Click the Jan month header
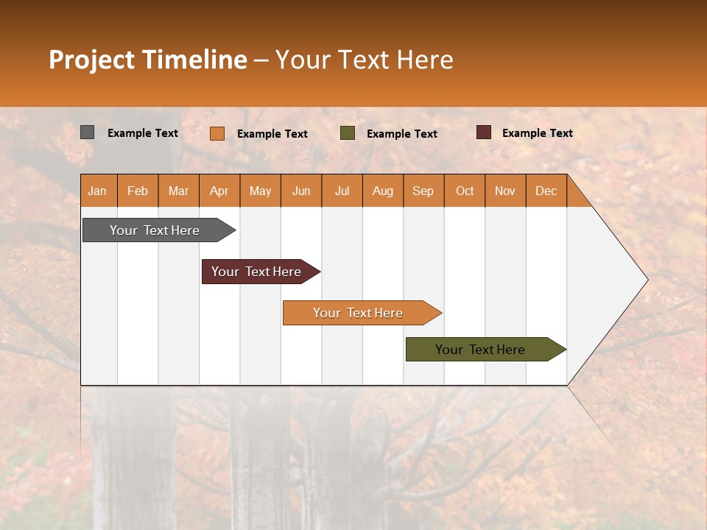[x=97, y=191]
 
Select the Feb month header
[x=138, y=191]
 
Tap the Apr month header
[x=219, y=191]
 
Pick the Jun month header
[x=301, y=191]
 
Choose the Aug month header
[x=382, y=191]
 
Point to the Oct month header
[x=465, y=191]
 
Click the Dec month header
[x=546, y=191]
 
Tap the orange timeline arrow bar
[x=359, y=313]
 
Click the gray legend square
[x=88, y=132]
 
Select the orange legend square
[x=217, y=133]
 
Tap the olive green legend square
[x=348, y=133]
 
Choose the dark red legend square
[x=484, y=132]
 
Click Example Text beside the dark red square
[x=537, y=133]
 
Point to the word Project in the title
[x=92, y=60]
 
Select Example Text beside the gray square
[x=142, y=133]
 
